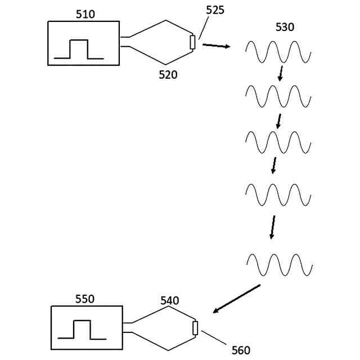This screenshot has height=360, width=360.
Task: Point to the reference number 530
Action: click(285, 28)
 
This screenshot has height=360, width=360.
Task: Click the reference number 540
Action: click(169, 301)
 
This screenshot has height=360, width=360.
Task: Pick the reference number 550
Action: click(84, 299)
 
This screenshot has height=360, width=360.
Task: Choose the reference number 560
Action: click(240, 350)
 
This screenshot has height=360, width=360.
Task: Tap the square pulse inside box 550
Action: click(82, 330)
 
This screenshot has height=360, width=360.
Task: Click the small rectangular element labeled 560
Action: click(195, 328)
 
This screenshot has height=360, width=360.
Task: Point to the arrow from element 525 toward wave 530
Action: click(216, 46)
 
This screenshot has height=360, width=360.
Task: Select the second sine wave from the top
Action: click(278, 96)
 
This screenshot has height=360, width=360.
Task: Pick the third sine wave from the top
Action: click(278, 141)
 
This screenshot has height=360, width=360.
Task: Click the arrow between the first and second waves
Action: click(281, 74)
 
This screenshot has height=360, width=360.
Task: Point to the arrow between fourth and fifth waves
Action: click(273, 227)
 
